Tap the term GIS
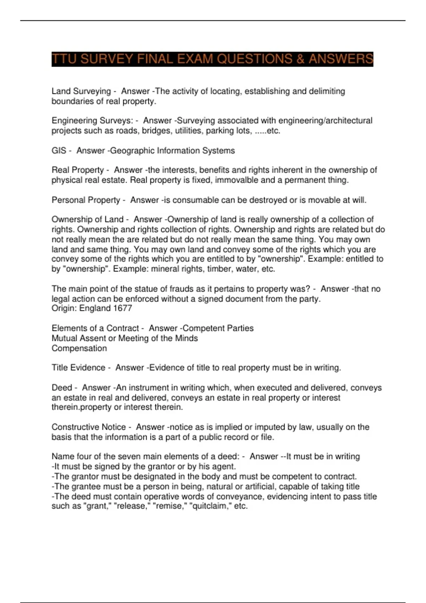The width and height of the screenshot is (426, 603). tap(59, 151)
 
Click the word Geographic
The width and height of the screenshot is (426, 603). tap(132, 151)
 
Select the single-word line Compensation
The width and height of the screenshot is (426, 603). tap(79, 348)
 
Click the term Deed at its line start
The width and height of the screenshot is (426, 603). tap(62, 388)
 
